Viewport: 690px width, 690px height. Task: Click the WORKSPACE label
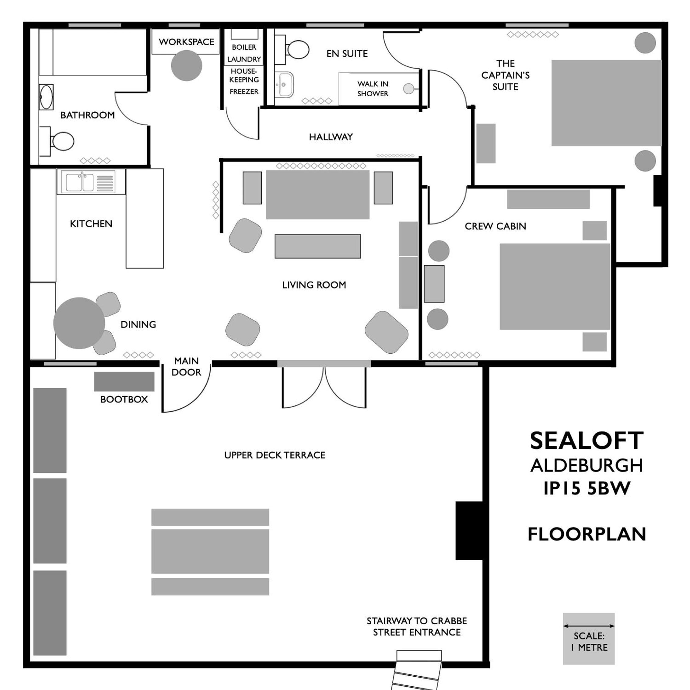tap(187, 42)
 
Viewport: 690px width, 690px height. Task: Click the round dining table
tap(79, 323)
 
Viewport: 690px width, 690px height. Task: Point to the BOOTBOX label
tap(124, 399)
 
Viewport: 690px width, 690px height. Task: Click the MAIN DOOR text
tap(187, 366)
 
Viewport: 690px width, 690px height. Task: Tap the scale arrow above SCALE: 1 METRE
tap(589, 626)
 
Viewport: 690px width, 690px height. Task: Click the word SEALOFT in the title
tap(587, 441)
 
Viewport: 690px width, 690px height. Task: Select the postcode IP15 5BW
tap(587, 488)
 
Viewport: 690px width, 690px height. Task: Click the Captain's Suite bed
tap(606, 103)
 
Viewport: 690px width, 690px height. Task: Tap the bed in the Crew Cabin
tap(555, 286)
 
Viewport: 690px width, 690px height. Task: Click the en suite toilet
tap(292, 49)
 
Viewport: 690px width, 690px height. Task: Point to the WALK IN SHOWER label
tap(373, 89)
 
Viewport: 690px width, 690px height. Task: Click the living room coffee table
tap(317, 246)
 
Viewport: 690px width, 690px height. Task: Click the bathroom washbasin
tap(46, 97)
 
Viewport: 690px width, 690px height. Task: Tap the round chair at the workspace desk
tap(187, 65)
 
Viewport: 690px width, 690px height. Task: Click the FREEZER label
tap(244, 91)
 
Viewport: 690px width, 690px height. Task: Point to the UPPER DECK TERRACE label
tap(275, 455)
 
